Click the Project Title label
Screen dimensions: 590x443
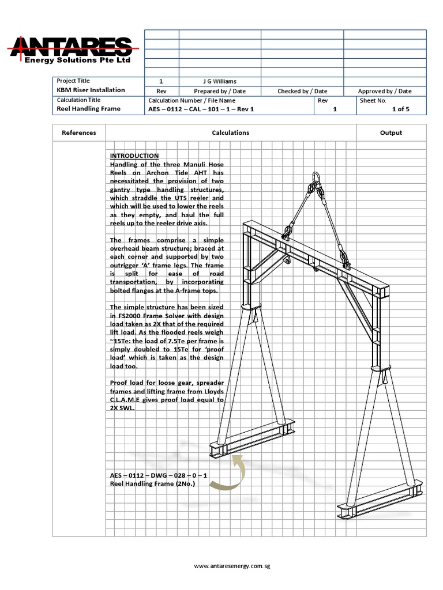pyautogui.click(x=73, y=81)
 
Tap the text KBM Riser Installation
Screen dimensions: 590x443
pyautogui.click(x=90, y=90)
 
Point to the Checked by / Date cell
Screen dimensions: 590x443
pyautogui.click(x=302, y=91)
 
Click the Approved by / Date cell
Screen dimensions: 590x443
pyautogui.click(x=385, y=91)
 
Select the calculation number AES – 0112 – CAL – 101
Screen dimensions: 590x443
pyautogui.click(x=201, y=109)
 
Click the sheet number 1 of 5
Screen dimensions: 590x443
pyautogui.click(x=400, y=109)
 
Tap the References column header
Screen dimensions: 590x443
pyautogui.click(x=79, y=133)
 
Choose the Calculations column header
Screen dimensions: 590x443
pyautogui.click(x=231, y=133)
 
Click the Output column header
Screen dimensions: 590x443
pyautogui.click(x=391, y=133)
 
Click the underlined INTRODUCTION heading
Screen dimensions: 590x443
pyautogui.click(x=134, y=156)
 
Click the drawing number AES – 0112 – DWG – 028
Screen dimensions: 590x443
pyautogui.click(x=159, y=475)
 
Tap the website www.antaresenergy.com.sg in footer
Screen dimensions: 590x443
pyautogui.click(x=232, y=566)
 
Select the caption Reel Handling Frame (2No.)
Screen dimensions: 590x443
pyautogui.click(x=152, y=484)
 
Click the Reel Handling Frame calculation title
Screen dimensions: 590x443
pyautogui.click(x=88, y=108)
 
